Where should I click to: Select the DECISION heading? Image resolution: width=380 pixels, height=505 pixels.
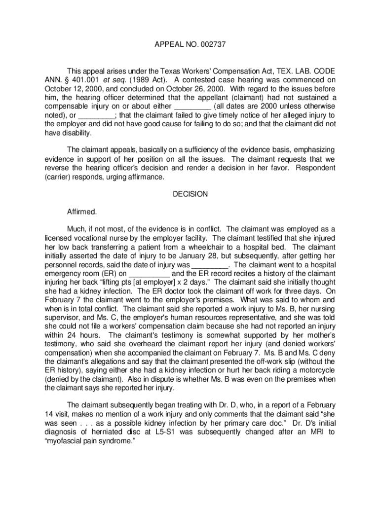190,194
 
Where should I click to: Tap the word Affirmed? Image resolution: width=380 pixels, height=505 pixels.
82,212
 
